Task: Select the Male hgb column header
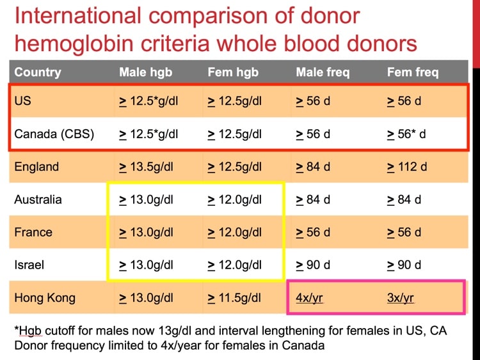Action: pos(146,72)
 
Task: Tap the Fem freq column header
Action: pos(413,72)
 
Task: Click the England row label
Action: pos(36,167)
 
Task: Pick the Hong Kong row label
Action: pos(45,297)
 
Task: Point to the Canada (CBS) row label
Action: pos(54,134)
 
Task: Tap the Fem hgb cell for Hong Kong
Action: pos(235,297)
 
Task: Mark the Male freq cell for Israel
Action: pos(313,265)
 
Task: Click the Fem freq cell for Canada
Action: pos(406,134)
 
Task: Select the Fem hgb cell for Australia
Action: pos(235,200)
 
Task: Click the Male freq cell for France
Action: pos(313,232)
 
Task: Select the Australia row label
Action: pos(38,200)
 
